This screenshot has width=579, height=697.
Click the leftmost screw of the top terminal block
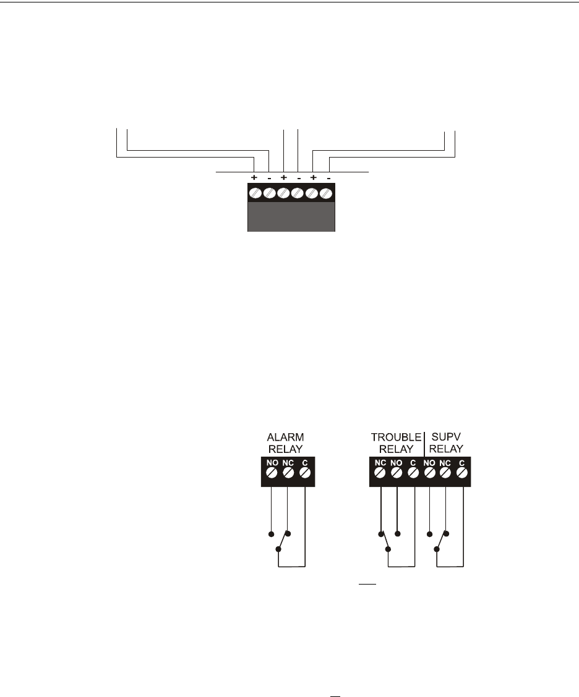click(254, 193)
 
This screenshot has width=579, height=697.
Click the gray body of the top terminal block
click(291, 217)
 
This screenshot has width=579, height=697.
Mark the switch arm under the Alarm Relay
click(284, 541)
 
